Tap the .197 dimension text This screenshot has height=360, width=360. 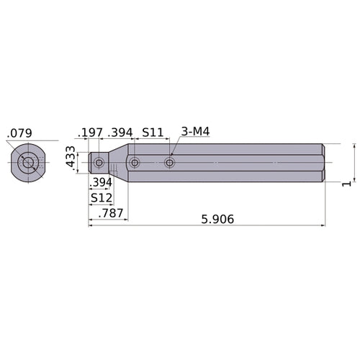(x=91, y=132)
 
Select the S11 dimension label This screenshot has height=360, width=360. (x=152, y=132)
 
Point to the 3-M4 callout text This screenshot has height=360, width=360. (x=195, y=132)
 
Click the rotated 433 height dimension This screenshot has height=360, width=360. (x=70, y=158)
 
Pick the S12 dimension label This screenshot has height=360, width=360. (x=100, y=197)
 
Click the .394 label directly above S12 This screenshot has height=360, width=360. (x=103, y=181)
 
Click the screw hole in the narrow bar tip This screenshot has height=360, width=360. (x=99, y=163)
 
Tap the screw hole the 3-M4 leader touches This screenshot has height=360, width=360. (x=170, y=163)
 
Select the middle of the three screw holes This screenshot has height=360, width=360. (x=135, y=163)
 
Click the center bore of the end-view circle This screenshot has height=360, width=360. (x=28, y=163)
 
